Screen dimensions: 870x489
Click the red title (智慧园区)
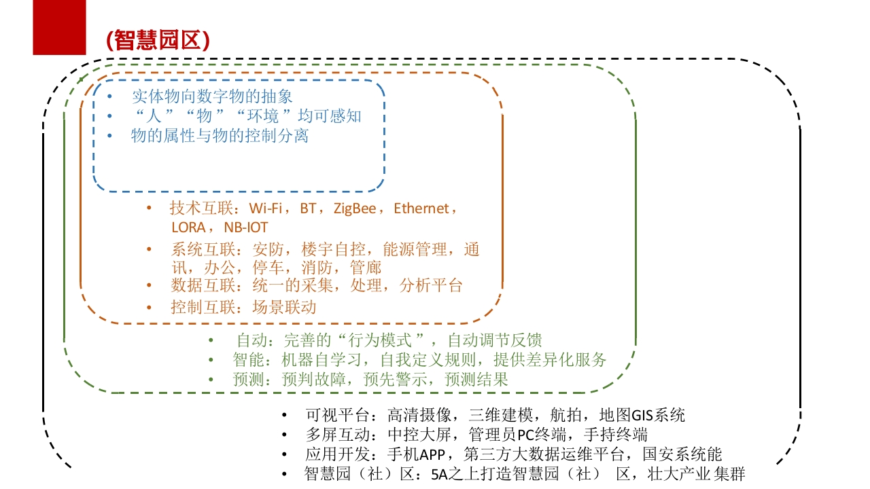[x=158, y=40]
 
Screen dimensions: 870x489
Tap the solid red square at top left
[x=59, y=27]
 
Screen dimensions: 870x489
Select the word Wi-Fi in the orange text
[x=266, y=209]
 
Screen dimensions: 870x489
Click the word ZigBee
[x=355, y=209]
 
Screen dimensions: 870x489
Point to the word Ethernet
[x=421, y=209]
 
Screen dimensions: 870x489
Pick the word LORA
[x=188, y=228]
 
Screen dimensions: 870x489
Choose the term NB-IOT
[x=246, y=228]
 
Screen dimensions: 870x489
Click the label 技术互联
[x=202, y=209]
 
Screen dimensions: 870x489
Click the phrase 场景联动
[x=284, y=307]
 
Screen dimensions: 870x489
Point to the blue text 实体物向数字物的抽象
[x=212, y=96]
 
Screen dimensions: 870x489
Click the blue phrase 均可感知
[x=330, y=115]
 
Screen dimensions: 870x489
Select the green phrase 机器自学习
[x=321, y=360]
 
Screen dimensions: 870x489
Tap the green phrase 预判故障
[x=314, y=379]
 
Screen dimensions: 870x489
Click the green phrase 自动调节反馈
[x=495, y=340]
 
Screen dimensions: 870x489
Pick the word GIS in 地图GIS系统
[x=642, y=415]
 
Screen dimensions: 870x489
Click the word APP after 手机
[x=432, y=454]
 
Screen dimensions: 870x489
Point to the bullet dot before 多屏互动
[x=284, y=435]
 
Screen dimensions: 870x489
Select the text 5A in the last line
[x=439, y=474]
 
